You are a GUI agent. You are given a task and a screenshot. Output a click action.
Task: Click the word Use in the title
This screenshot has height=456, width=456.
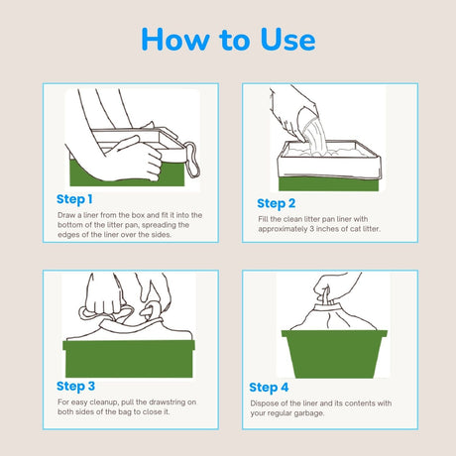click(287, 40)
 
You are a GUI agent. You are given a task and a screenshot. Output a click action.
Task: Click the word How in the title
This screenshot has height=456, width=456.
click(175, 40)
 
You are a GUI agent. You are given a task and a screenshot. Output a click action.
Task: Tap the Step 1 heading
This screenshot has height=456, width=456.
click(74, 199)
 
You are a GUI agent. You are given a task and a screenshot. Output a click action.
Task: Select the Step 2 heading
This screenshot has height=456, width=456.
click(277, 204)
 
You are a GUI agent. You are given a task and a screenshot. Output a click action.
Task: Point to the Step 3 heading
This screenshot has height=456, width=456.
click(75, 387)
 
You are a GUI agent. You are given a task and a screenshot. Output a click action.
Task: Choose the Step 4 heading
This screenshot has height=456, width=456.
click(269, 388)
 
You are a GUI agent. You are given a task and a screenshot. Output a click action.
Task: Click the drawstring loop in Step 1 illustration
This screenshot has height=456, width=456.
click(192, 160)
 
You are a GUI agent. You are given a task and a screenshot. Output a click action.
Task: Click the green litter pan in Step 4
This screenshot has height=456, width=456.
click(334, 354)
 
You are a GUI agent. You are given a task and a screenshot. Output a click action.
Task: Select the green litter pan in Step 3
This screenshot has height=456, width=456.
click(129, 359)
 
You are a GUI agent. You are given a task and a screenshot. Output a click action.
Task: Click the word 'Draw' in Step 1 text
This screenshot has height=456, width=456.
click(66, 215)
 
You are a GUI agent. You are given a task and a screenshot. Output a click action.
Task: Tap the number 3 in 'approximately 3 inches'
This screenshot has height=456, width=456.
click(311, 229)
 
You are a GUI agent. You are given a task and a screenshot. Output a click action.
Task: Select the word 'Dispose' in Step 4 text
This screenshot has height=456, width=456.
click(264, 403)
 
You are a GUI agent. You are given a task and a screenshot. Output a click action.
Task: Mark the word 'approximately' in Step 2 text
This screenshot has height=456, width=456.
click(283, 229)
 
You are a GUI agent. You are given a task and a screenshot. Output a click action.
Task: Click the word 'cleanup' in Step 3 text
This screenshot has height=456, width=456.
click(103, 402)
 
